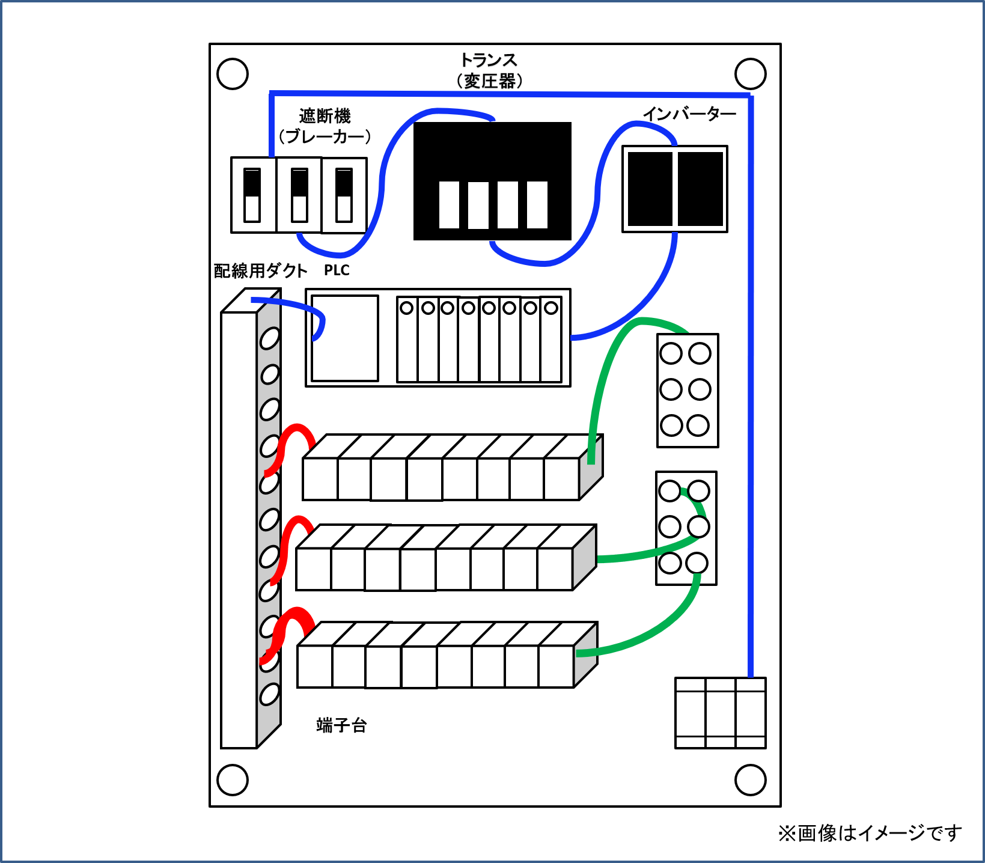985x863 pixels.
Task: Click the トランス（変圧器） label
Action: pos(489,70)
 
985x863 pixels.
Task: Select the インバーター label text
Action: pos(689,114)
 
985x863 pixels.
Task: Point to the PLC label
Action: pos(337,270)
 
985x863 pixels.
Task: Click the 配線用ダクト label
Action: pos(260,271)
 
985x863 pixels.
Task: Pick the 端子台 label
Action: pos(341,725)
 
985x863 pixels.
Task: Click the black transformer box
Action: pos(492,150)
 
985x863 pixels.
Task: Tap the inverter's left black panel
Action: pos(650,189)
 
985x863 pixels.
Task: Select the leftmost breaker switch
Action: pos(252,195)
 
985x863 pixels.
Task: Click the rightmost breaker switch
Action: pos(344,195)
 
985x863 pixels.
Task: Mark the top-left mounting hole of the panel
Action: pos(233,74)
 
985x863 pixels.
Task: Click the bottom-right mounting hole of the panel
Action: pos(751,779)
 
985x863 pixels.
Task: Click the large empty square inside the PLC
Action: pos(345,338)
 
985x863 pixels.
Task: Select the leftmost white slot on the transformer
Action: pos(449,205)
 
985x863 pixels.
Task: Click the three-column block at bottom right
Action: pos(720,713)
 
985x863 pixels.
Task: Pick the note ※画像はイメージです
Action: pos(870,833)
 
